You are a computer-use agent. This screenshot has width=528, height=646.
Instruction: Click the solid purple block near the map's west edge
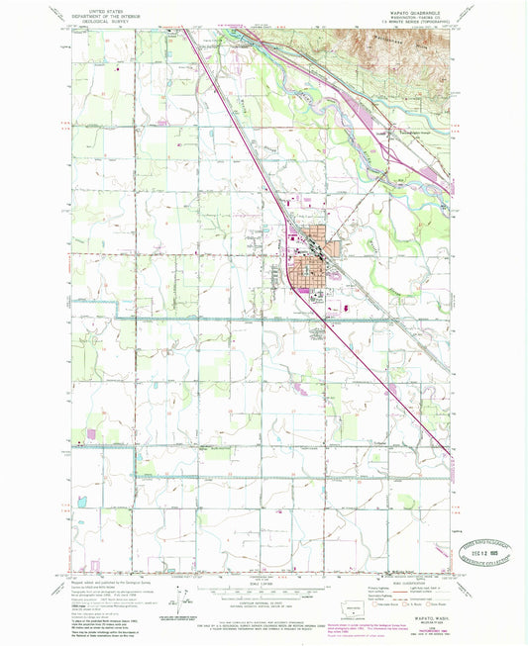point(90,432)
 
